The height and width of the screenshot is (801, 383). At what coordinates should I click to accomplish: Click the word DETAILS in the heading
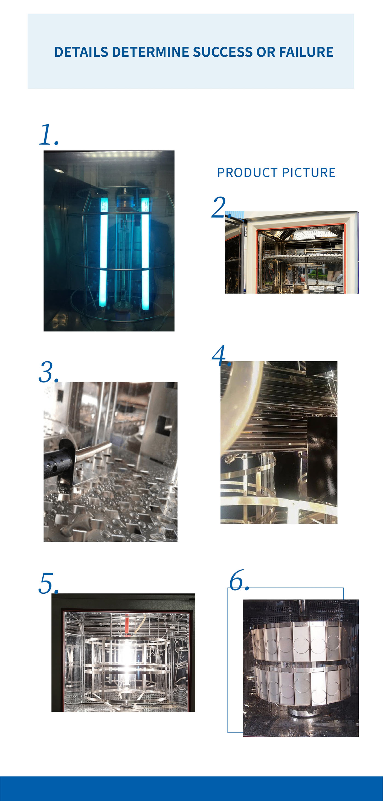[x=81, y=52]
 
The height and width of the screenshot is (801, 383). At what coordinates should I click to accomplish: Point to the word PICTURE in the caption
[x=309, y=173]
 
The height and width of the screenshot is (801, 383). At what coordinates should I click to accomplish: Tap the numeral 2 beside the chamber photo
[x=219, y=207]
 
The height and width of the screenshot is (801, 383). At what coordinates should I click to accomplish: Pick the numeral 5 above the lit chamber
[x=46, y=583]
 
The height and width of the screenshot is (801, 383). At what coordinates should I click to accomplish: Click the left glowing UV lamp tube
[x=103, y=252]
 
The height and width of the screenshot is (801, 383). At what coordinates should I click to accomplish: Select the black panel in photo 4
[x=322, y=457]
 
